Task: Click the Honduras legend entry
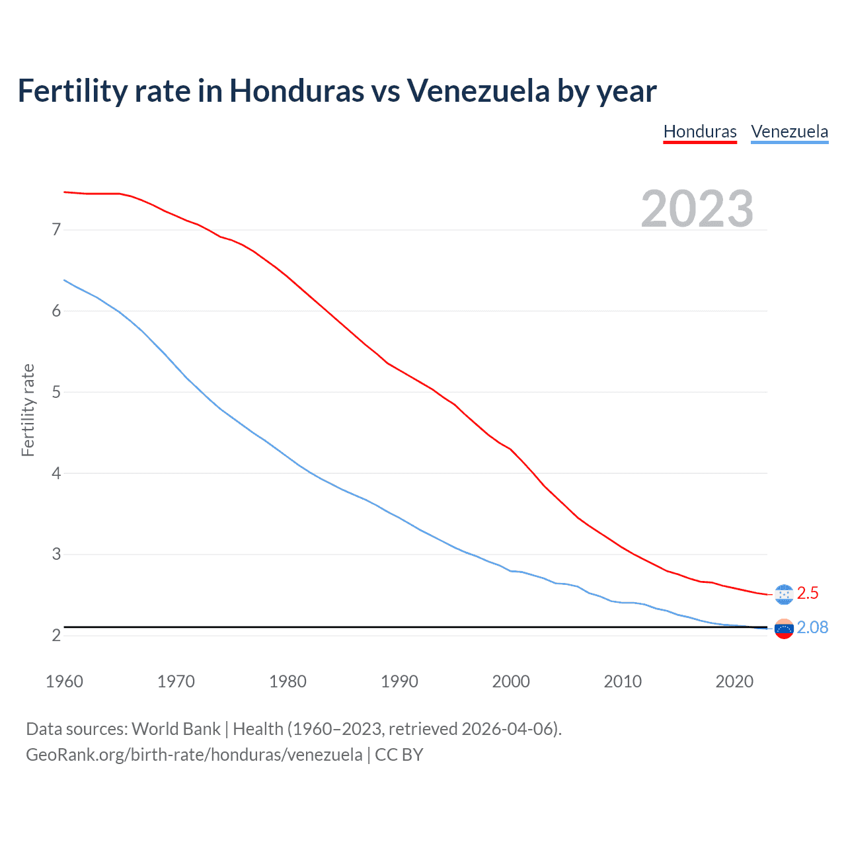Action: tap(700, 132)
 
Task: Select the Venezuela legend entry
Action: tap(789, 132)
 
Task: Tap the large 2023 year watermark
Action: tap(697, 209)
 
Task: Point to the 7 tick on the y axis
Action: tap(56, 230)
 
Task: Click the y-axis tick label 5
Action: tap(56, 392)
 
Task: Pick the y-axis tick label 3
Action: tap(56, 554)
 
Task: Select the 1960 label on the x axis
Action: tap(64, 681)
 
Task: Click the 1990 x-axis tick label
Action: tap(399, 681)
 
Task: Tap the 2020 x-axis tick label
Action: tap(734, 681)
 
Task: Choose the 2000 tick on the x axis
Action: tap(511, 681)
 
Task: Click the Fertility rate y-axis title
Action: tap(28, 410)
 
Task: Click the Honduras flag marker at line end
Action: tap(783, 594)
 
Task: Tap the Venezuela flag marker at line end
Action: tap(783, 629)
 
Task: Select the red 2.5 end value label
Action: tap(808, 594)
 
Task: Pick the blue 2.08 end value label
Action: tap(812, 627)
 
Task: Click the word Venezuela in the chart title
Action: tap(478, 91)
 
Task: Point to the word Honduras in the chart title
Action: tap(296, 91)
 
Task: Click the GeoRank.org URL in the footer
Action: tap(194, 755)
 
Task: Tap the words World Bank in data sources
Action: tap(176, 729)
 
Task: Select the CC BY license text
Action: tap(399, 755)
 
